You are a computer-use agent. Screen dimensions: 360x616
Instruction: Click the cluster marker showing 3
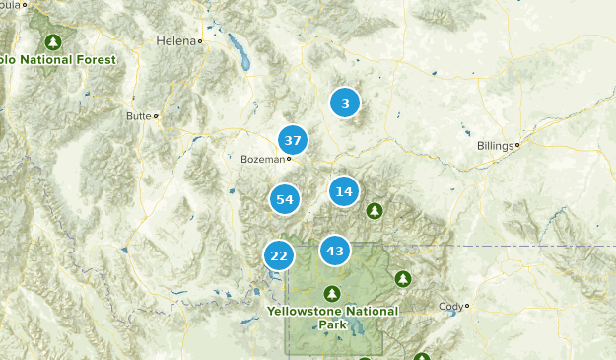pos(344,103)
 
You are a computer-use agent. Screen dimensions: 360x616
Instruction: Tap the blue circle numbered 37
pos(292,140)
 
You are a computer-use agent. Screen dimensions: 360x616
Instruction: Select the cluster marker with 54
pos(285,199)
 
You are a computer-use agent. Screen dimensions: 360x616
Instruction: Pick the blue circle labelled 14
pos(343,191)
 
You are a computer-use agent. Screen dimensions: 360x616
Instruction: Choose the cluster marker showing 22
pos(279,255)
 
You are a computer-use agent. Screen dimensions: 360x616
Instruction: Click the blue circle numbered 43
pos(335,251)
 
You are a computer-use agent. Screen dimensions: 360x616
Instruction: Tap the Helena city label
pos(175,41)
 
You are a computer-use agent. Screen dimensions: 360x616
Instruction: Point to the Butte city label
pos(138,116)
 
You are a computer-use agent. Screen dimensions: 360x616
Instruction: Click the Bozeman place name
pos(261,159)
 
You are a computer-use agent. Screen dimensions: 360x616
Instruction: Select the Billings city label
pos(494,146)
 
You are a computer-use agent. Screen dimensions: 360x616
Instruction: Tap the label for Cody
pos(449,306)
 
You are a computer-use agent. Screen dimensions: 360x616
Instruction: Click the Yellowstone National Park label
pos(332,317)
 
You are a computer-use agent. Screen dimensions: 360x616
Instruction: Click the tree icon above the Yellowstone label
pos(332,294)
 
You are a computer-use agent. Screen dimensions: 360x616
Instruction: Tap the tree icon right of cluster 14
pos(374,210)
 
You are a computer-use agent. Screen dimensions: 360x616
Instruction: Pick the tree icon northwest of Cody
pos(403,279)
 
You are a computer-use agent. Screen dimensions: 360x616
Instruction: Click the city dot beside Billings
pos(516,145)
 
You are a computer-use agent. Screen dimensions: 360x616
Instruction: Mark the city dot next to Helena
pos(199,41)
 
